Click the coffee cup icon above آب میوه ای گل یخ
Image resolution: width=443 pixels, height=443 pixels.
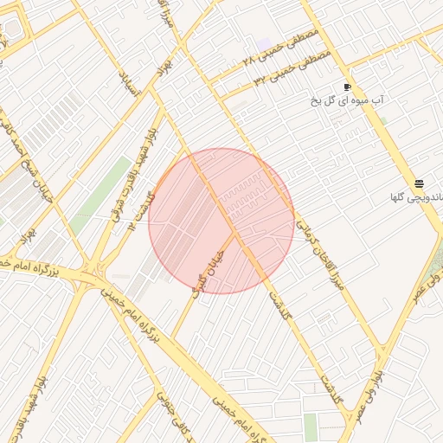click(348, 87)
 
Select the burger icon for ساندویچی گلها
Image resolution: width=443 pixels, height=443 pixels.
click(419, 183)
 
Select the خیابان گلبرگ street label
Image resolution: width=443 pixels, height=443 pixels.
click(209, 266)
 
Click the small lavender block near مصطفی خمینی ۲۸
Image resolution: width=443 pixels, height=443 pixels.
click(264, 43)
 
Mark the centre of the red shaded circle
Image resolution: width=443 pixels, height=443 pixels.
click(221, 221)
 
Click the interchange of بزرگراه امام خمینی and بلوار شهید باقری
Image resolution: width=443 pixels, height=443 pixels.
click(91, 275)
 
